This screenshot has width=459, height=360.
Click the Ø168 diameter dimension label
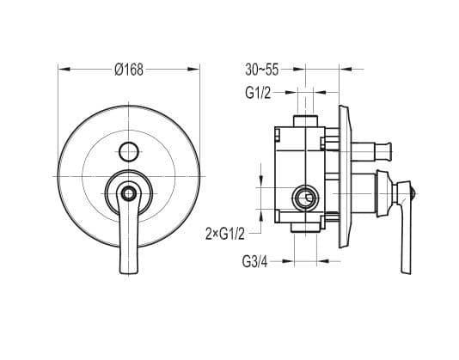129,70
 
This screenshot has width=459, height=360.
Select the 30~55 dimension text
261,70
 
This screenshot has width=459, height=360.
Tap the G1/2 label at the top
258,93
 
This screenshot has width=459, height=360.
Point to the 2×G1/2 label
225,235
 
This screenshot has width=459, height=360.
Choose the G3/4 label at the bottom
254,262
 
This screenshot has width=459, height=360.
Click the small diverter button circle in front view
129,151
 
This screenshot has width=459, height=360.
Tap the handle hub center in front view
129,193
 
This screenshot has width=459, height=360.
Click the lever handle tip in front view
128,271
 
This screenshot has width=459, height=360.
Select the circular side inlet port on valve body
306,198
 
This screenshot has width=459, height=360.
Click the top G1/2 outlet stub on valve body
305,120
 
